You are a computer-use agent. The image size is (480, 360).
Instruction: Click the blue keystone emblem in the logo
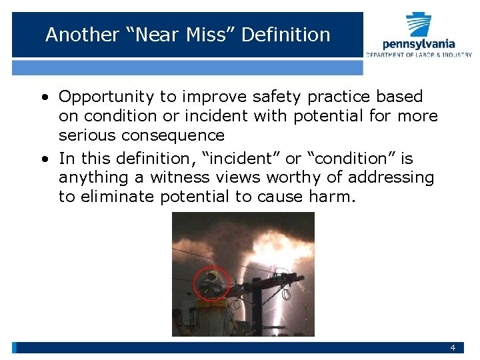(419, 25)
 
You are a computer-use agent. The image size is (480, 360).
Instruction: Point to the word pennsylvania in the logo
(419, 45)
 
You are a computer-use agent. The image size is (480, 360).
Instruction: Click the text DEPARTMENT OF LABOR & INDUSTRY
(419, 55)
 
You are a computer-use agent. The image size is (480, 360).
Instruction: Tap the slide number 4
(453, 348)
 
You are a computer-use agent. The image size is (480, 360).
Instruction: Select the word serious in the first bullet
(83, 135)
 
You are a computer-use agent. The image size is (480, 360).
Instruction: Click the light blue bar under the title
(187, 67)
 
